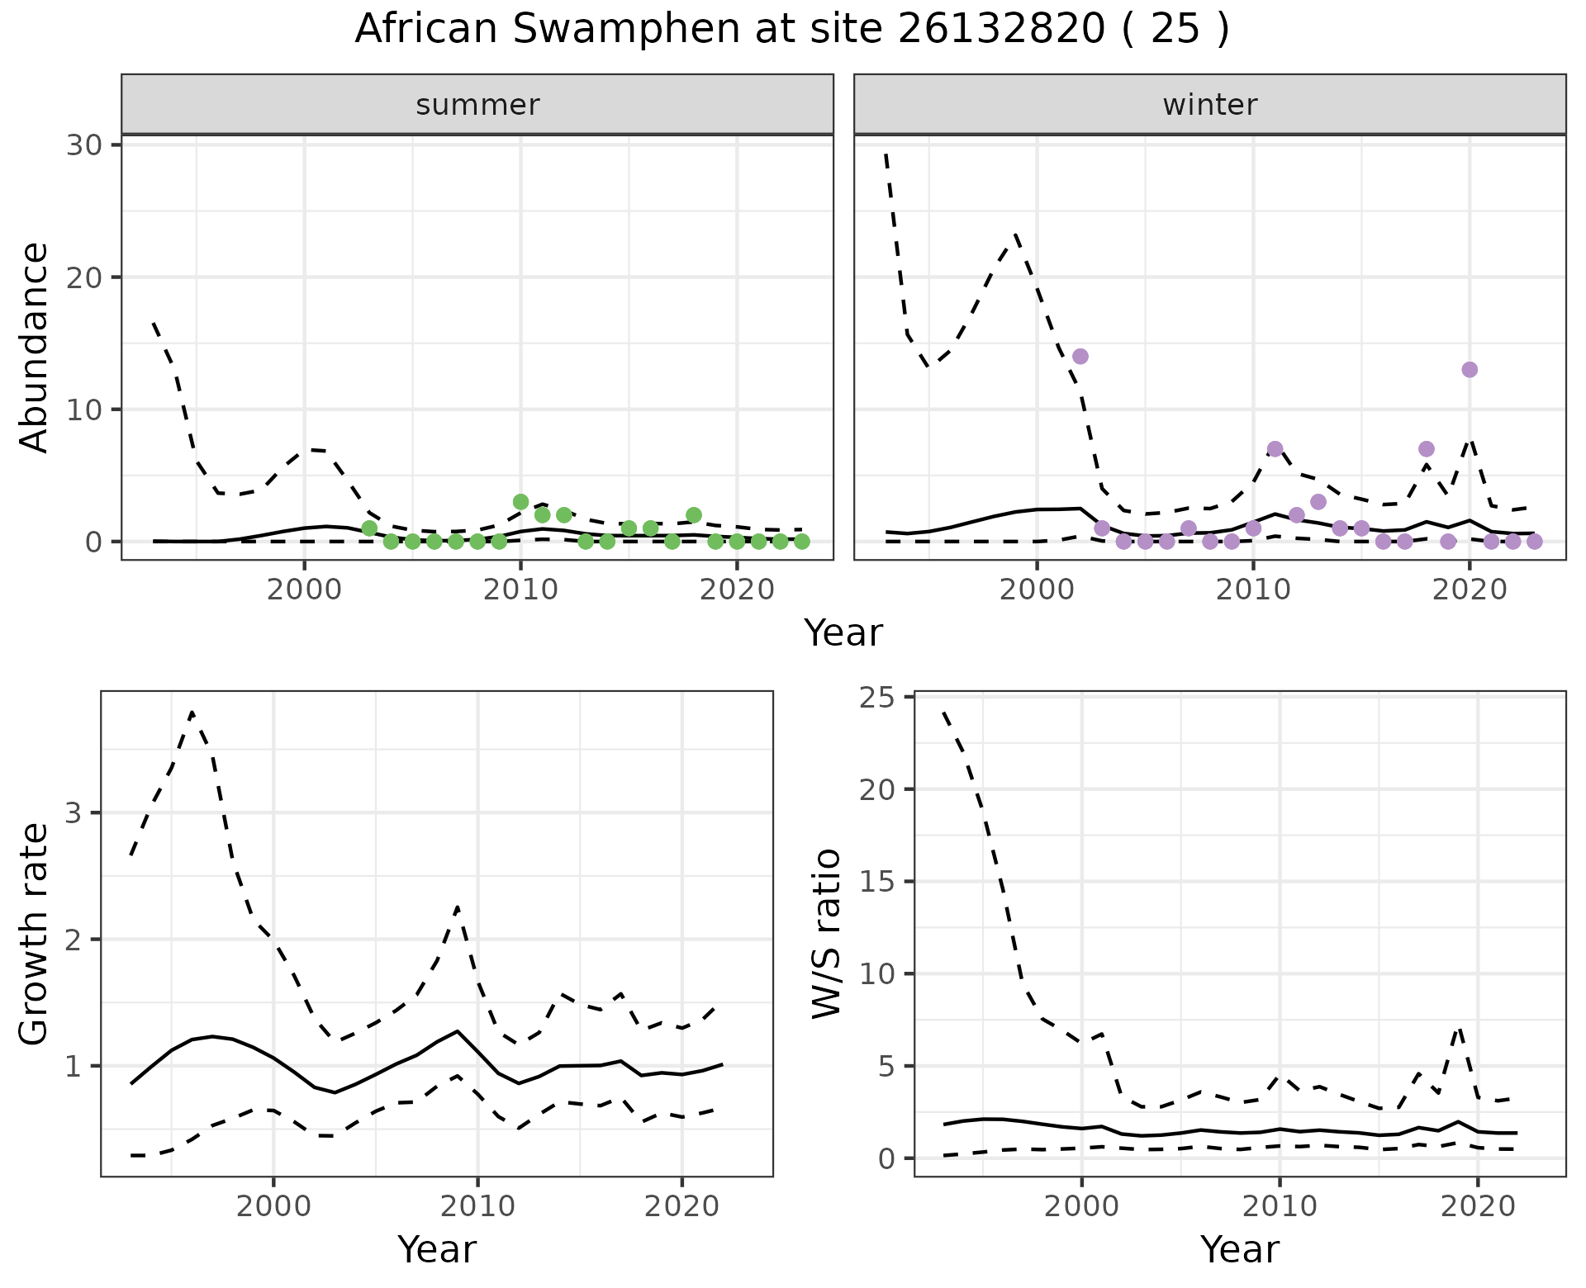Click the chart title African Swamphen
[791, 30]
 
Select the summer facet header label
[477, 105]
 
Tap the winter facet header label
[1209, 105]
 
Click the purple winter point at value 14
[1080, 357]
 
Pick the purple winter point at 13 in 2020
[1470, 370]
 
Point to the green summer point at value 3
[520, 502]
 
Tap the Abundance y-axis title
[35, 347]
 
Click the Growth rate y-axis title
[35, 935]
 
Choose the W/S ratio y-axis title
[826, 933]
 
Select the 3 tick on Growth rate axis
[74, 813]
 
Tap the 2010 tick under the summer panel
[520, 590]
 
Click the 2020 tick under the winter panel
[1470, 590]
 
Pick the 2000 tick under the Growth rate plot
[273, 1206]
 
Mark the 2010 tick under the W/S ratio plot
[1280, 1206]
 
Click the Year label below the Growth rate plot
[437, 1249]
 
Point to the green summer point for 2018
[694, 515]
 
